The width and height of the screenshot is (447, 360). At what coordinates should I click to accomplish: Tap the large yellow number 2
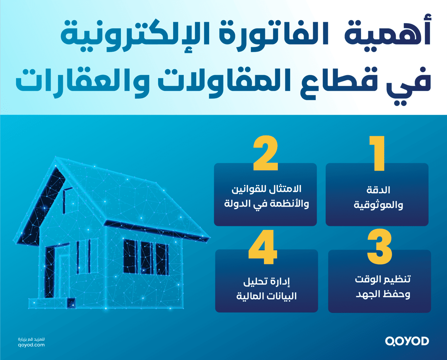point(266,153)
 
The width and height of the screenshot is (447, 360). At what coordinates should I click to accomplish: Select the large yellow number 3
point(380,247)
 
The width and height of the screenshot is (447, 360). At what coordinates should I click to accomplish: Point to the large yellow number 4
point(263,247)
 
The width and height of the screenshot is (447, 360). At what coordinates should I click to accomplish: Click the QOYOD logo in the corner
point(407,341)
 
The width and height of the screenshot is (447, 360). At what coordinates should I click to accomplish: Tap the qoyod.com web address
point(31,345)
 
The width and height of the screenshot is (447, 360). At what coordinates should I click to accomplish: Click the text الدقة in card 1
point(378,190)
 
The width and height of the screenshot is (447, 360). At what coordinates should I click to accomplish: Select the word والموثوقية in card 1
point(378,205)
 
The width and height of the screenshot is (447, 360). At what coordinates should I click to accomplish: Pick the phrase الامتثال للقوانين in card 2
point(266,189)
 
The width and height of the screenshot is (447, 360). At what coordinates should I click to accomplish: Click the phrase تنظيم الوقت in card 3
point(383,279)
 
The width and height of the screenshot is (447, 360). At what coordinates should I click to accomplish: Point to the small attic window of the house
point(66,200)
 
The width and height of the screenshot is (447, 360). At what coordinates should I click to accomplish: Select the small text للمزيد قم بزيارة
point(31,339)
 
